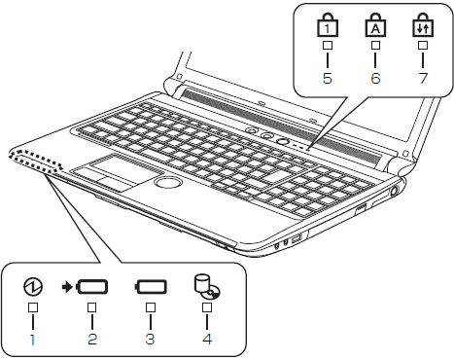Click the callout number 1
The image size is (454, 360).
pyautogui.click(x=33, y=341)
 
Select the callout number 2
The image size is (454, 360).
pyautogui.click(x=92, y=341)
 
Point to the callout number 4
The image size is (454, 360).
pyautogui.click(x=207, y=341)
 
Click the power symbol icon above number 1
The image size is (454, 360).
pyautogui.click(x=33, y=288)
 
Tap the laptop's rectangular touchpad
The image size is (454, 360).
pyautogui.click(x=110, y=172)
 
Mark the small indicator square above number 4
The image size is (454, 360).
pyautogui.click(x=207, y=308)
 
